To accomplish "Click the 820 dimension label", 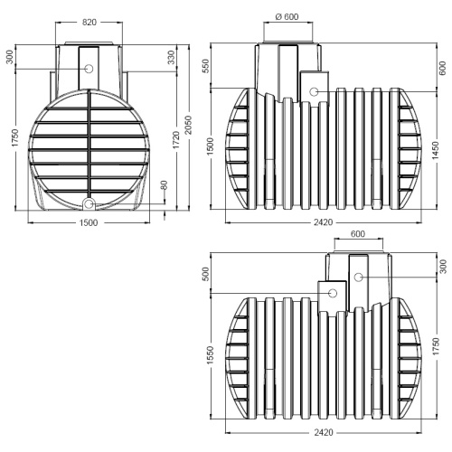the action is coord(89,22).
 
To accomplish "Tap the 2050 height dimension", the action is coord(188,125).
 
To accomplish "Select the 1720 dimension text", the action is coord(176,139).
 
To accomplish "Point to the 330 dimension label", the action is coord(171,57).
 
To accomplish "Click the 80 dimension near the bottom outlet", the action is coord(164,185).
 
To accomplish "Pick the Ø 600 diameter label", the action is coord(287,16).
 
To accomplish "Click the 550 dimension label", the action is coord(205,67).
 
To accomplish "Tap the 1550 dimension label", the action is coord(210,355).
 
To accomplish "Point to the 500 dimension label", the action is coord(205,274).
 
